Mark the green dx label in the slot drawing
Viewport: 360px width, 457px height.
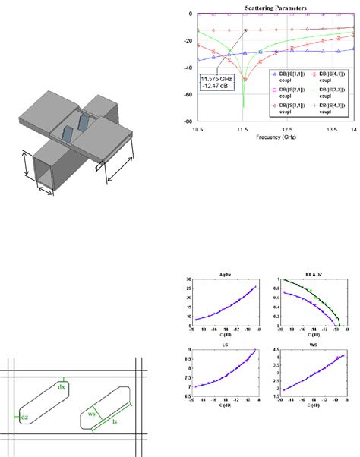62,386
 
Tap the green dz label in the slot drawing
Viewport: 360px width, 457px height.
24,417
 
